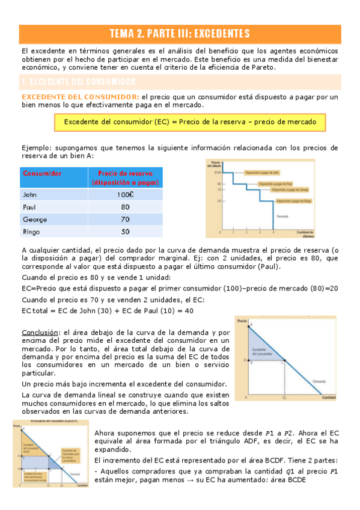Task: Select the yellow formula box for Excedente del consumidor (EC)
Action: coord(189,122)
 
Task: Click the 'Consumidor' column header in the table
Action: coord(42,173)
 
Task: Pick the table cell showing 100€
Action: coord(125,195)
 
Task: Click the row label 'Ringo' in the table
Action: coord(34,231)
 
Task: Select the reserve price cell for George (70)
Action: coord(125,219)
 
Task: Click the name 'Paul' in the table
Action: coord(31,207)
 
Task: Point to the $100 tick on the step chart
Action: coord(218,173)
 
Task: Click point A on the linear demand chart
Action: coord(252,325)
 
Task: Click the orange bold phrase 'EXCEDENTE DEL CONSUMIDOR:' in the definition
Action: coord(80,97)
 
